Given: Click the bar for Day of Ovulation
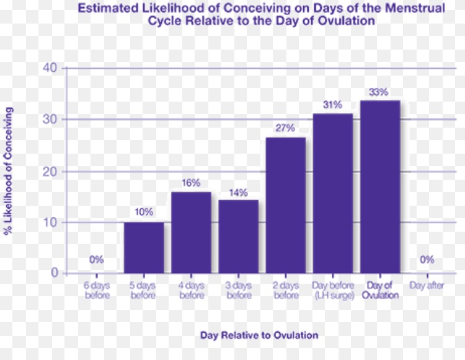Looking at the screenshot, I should coord(380,186).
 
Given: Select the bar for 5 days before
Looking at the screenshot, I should coord(144,247).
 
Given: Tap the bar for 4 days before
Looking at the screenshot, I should coord(191,232).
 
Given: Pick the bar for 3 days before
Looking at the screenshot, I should coord(239,236).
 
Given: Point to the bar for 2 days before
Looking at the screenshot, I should coord(286,205).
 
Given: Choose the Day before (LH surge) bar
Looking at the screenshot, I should coord(333,193).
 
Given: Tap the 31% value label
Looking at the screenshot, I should coord(332,105).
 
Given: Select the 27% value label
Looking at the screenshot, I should coord(285,128).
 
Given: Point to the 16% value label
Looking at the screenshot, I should coord(191,183).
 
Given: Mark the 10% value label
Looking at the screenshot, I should coord(144,212).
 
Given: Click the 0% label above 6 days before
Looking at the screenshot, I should coord(96,260).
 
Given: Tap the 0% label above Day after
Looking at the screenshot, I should coord(427,260).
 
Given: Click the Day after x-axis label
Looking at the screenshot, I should coord(427,286).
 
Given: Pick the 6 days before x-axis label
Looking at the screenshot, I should coord(96,290).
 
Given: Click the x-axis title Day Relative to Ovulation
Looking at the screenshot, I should coord(259,335).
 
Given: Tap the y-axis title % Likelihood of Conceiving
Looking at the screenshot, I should coord(9,170).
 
